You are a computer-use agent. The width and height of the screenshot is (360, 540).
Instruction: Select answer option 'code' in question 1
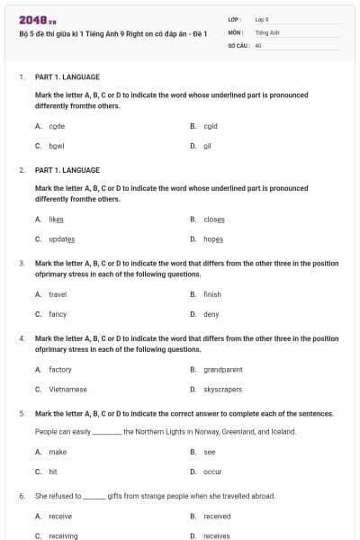pos(57,126)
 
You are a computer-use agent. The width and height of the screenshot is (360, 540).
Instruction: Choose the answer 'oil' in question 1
pos(207,145)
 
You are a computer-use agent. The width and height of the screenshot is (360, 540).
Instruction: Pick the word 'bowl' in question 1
pos(57,145)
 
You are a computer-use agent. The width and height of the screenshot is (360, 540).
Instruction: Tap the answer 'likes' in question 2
pos(57,219)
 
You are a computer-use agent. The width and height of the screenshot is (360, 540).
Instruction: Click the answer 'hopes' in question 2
pos(213,238)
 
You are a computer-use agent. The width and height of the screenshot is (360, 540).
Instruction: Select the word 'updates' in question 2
pos(62,238)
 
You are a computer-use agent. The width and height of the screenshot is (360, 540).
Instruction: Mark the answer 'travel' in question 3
pos(58,294)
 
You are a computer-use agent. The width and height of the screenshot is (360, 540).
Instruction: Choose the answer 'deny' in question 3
pos(211,314)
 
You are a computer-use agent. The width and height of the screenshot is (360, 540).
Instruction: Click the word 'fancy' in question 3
pos(58,314)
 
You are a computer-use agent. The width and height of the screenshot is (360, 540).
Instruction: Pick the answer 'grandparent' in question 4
pos(223,369)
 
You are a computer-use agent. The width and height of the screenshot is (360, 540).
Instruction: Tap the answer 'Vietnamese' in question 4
pos(68,389)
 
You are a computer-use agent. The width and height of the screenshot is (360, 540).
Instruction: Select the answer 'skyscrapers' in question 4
pos(223,389)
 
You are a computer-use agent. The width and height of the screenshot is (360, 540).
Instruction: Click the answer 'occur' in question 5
pos(212,471)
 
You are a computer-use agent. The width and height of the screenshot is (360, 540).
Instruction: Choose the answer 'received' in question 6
pos(217,516)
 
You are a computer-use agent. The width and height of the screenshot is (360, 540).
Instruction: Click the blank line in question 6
pos(94,496)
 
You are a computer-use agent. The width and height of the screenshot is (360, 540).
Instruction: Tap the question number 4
pos(22,338)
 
